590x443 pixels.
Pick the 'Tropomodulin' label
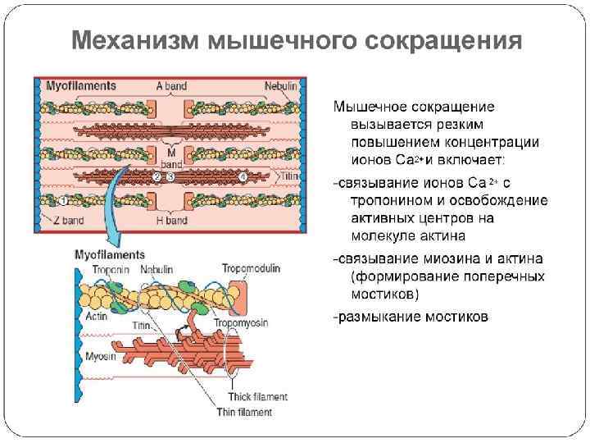[x=247, y=268]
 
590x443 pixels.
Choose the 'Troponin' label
[x=110, y=269]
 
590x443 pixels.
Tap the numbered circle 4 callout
[x=243, y=176]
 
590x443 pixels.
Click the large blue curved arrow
[x=115, y=205]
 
